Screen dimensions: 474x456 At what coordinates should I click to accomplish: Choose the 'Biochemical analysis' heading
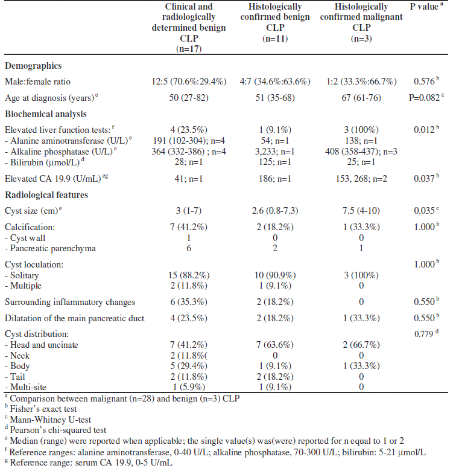tap(46, 114)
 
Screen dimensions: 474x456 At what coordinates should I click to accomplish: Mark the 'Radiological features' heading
tap(46, 194)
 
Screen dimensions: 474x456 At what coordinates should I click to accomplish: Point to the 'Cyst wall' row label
tap(28, 237)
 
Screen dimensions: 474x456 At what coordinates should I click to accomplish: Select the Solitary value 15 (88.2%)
tap(188, 275)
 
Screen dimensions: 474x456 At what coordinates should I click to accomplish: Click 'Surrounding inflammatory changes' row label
tap(69, 301)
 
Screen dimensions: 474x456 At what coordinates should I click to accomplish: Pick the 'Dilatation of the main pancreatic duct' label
tap(76, 318)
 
